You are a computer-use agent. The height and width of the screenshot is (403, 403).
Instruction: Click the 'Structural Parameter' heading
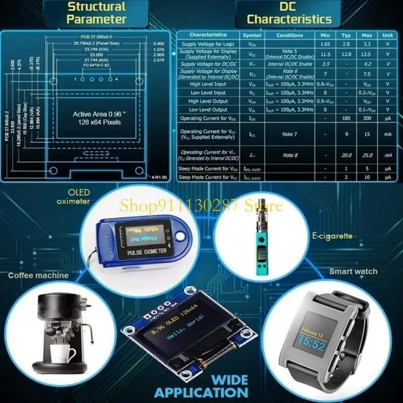click(x=96, y=13)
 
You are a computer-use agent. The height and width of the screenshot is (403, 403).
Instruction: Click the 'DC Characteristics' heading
click(x=289, y=13)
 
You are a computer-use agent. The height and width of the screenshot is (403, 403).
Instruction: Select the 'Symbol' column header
click(x=252, y=35)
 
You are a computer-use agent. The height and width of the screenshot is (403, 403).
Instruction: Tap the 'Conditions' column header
click(x=290, y=35)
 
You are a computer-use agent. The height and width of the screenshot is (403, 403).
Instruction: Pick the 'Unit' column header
click(x=387, y=35)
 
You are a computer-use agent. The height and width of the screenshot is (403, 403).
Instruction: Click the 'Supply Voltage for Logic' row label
click(x=208, y=44)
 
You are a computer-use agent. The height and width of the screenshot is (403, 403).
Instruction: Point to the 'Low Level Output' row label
click(x=208, y=109)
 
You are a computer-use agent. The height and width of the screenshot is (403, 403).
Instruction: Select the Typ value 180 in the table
click(x=346, y=118)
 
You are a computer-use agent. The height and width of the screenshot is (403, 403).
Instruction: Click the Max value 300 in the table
click(x=367, y=118)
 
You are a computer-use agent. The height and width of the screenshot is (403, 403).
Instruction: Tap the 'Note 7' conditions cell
click(x=290, y=134)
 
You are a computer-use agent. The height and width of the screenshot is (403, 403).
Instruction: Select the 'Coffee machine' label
click(x=38, y=276)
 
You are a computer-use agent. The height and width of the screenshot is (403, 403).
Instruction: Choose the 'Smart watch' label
click(x=353, y=272)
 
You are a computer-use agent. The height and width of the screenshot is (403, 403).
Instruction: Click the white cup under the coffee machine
click(x=64, y=354)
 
